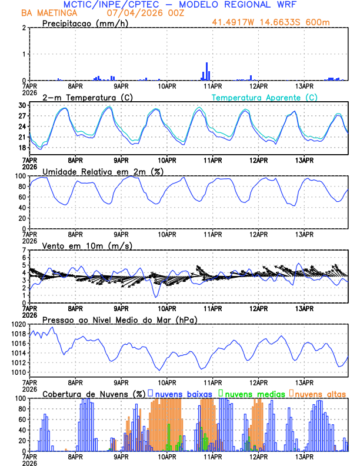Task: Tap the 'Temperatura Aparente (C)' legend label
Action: [265, 97]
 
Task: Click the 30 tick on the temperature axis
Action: [22, 105]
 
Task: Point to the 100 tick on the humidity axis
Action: [21, 176]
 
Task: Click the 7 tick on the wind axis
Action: [24, 250]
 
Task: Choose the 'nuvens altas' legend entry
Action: [320, 394]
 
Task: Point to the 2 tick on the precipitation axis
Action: [24, 28]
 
